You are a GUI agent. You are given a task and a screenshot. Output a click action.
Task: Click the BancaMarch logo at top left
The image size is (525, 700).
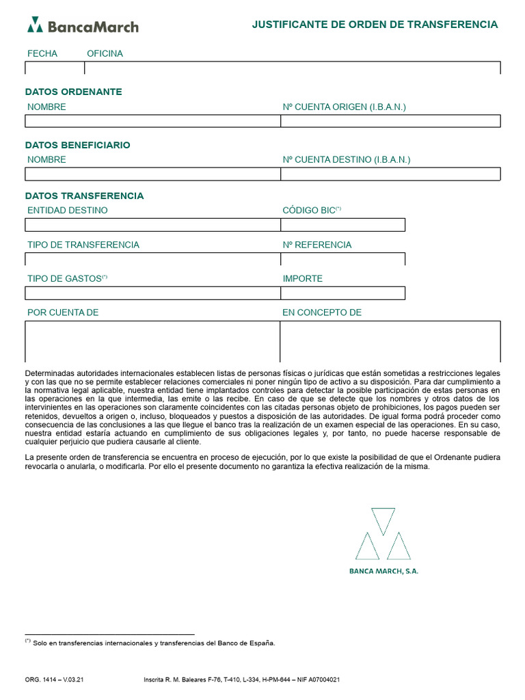tap(83, 26)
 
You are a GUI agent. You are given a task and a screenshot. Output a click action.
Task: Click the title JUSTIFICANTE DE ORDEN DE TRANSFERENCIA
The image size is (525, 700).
tap(375, 25)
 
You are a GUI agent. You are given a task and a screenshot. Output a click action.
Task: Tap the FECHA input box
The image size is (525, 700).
tap(55, 68)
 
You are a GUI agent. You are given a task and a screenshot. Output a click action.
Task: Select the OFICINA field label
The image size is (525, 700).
tap(105, 53)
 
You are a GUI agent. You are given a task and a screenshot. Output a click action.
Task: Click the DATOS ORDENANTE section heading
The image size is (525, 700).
tap(74, 92)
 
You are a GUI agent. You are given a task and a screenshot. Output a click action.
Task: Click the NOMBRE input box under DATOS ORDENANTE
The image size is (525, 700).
tap(152, 121)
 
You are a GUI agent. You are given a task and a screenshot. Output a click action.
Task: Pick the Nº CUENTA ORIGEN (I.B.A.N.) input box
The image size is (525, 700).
tap(390, 121)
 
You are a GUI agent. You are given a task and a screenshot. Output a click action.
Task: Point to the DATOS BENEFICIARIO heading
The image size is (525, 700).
tap(78, 145)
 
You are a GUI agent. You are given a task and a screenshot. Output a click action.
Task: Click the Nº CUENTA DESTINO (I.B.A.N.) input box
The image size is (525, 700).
tap(390, 174)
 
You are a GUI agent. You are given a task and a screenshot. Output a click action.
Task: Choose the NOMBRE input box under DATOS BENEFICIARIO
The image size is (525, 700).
tap(152, 174)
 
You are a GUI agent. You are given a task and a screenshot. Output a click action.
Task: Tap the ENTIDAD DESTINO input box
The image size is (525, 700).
tap(152, 225)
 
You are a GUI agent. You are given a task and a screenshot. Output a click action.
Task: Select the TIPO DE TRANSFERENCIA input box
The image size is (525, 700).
tap(152, 259)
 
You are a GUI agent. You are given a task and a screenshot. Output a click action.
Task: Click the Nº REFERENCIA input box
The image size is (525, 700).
tap(342, 259)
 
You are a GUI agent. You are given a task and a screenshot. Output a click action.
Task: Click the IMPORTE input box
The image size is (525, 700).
tap(342, 293)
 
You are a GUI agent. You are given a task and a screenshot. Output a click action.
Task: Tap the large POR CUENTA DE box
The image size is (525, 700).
tap(152, 341)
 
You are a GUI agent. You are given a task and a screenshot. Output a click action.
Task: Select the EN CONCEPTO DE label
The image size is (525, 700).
tap(322, 312)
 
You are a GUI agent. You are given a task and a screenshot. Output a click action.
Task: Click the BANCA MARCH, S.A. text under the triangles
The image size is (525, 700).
tap(383, 571)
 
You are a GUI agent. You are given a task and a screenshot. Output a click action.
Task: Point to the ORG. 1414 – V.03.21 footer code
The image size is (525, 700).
tap(54, 680)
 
